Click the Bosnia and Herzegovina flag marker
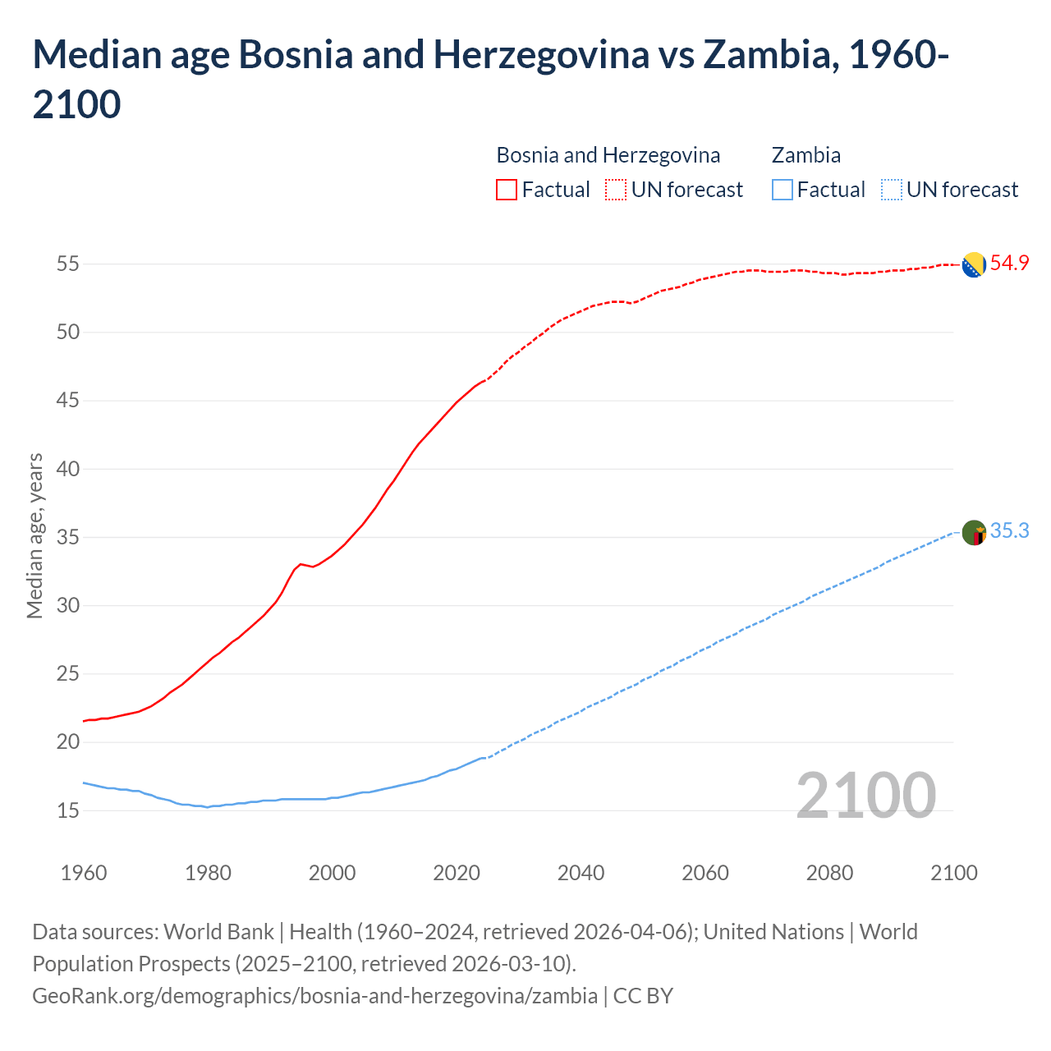[974, 265]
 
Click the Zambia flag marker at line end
[974, 533]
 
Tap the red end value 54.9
[1009, 264]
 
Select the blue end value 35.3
[1009, 531]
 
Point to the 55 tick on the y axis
[67, 264]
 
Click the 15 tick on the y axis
[67, 810]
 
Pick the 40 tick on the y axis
[67, 469]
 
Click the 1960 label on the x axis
[84, 872]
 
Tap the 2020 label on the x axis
[457, 872]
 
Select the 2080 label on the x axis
[829, 872]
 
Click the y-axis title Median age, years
[34, 535]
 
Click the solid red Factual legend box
[507, 190]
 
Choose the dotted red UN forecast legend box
[616, 190]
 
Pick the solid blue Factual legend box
[783, 190]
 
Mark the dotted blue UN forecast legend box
[891, 190]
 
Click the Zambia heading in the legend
[805, 155]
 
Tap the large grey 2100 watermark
[865, 796]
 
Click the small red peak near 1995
[301, 564]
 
